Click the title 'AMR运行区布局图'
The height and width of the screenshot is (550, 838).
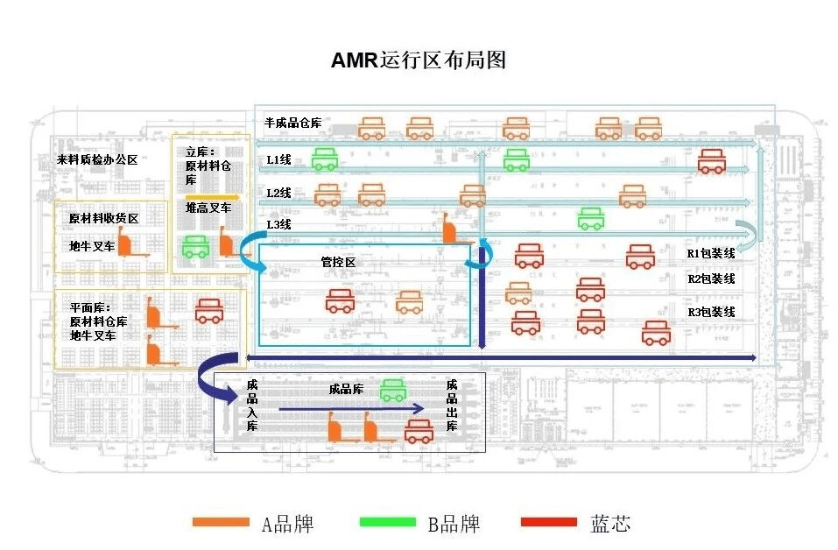[418, 60]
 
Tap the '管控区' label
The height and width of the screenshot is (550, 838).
[337, 262]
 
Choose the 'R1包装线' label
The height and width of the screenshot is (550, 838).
[710, 254]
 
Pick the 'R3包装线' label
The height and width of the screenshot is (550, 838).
[710, 312]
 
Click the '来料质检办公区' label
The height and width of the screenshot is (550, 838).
[97, 160]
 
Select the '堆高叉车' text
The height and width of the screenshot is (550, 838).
[208, 208]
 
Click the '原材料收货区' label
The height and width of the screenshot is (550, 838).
[104, 218]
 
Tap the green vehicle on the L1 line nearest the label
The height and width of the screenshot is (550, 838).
[326, 159]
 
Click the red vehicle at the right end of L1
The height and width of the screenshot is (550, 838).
[711, 161]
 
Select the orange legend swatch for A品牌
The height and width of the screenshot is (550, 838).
[221, 523]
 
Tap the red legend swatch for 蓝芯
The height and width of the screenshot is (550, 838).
[549, 523]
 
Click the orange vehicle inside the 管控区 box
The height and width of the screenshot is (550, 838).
[409, 303]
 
